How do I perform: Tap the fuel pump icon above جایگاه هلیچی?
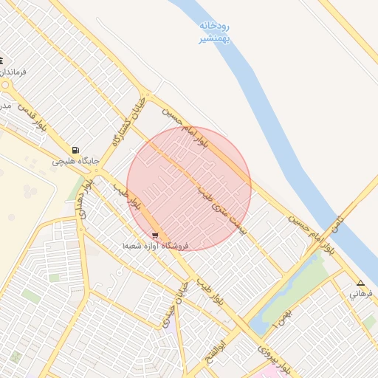click(x=75, y=150)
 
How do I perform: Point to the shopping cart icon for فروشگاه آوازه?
click(x=154, y=236)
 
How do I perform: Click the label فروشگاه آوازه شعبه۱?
click(x=157, y=245)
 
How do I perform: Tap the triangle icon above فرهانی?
click(x=360, y=283)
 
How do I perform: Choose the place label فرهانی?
click(x=362, y=293)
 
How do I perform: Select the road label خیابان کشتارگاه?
click(x=125, y=122)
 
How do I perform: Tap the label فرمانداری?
click(x=13, y=72)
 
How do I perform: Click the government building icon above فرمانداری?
click(x=1, y=61)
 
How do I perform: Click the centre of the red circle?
click(x=189, y=188)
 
